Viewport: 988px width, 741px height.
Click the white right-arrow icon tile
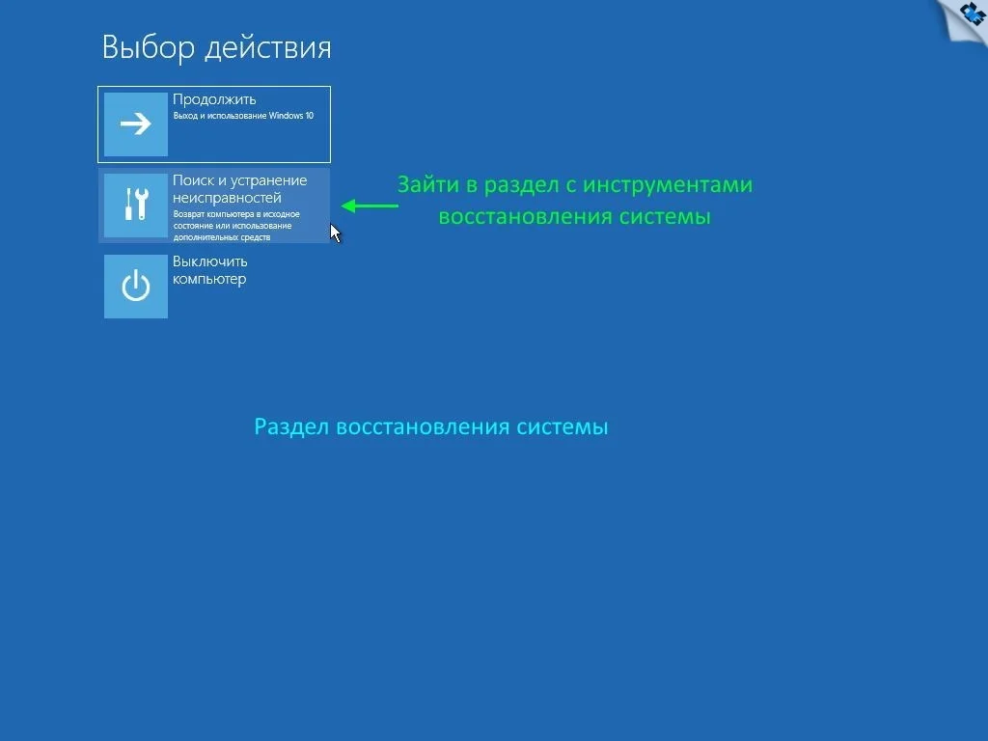coord(135,124)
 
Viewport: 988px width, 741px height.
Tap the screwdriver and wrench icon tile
coord(135,206)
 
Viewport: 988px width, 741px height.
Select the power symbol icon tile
coord(135,286)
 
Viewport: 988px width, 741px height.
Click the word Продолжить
coord(214,99)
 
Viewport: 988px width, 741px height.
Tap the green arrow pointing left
coord(370,206)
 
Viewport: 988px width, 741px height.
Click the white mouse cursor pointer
coord(335,233)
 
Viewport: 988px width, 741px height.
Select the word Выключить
coord(209,261)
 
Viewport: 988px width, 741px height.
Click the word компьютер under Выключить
coord(209,279)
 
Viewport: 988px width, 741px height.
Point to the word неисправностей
coord(227,198)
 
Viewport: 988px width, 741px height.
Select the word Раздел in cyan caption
coord(291,427)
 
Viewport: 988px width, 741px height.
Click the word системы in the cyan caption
coord(563,427)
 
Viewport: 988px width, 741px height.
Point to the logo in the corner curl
coord(974,13)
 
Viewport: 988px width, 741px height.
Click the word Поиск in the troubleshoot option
coord(193,180)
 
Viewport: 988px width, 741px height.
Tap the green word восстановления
coord(526,217)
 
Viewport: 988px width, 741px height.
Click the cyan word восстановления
coord(423,427)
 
